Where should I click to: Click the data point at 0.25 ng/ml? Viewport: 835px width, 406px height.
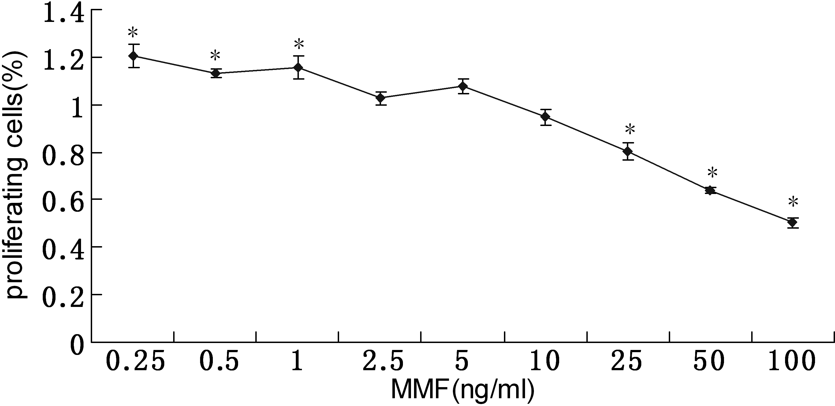133,56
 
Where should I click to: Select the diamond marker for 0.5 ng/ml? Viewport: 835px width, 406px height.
216,73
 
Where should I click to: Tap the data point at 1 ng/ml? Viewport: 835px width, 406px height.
298,67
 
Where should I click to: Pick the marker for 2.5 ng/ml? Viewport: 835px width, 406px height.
381,98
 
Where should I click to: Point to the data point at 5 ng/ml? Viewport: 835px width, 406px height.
463,86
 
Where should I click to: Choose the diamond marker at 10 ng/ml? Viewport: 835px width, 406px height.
546,117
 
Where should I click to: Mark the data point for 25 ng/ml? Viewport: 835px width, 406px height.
628,151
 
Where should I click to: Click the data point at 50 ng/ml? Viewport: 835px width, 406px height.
710,190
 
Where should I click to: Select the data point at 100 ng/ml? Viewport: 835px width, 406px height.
793,223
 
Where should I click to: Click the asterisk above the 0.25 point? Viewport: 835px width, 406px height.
133,32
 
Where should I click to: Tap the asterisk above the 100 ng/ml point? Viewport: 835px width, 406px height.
793,202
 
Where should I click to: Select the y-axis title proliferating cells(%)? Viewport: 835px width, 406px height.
16,175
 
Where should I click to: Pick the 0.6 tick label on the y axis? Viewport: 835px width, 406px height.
63,202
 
